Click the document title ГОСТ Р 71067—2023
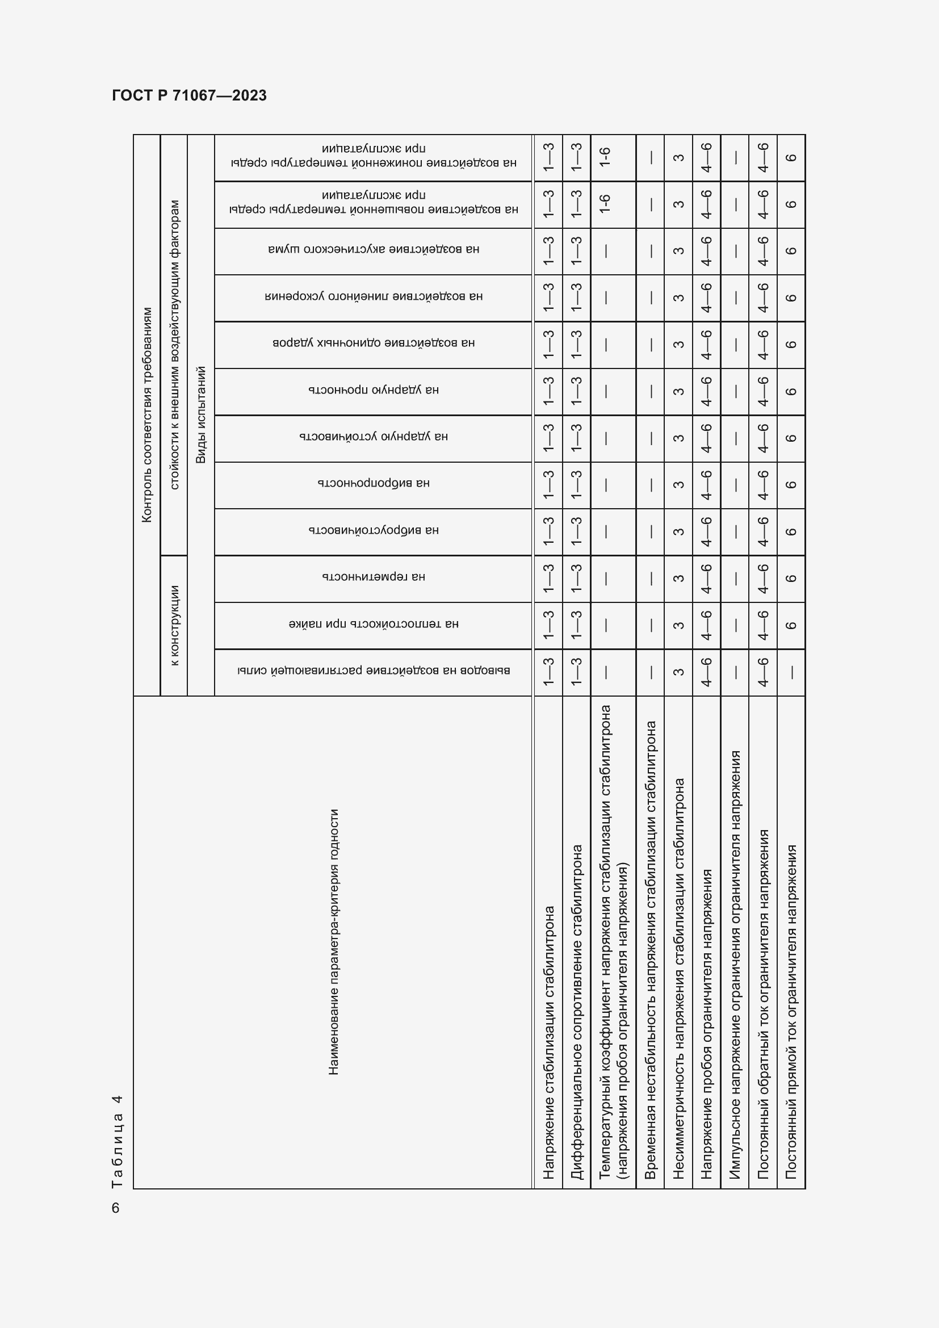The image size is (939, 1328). (189, 95)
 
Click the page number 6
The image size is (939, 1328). (116, 1208)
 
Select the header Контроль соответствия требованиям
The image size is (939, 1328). (147, 414)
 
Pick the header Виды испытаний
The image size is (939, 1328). (200, 414)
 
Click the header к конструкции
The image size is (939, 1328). (174, 625)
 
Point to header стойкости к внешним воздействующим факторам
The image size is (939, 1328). (174, 345)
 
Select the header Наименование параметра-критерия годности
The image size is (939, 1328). (333, 941)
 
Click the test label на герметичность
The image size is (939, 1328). (374, 577)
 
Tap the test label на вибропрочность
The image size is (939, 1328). (374, 483)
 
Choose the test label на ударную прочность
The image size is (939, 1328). (374, 390)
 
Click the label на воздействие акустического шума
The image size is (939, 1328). (374, 249)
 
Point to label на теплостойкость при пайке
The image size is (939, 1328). (374, 623)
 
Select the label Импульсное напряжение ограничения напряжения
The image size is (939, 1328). (735, 964)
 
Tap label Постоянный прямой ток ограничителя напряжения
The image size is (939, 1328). (791, 1012)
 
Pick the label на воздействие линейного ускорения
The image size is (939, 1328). (374, 296)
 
